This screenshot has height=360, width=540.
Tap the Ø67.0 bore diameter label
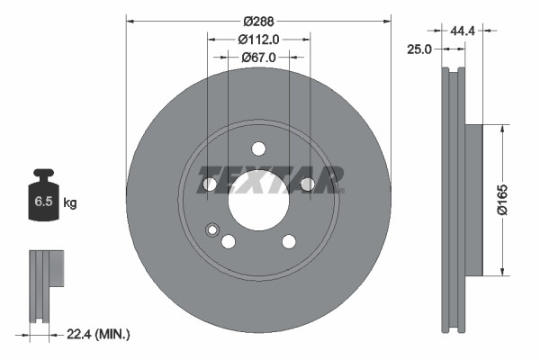tap(258, 57)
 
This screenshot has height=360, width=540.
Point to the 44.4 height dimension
tap(463, 30)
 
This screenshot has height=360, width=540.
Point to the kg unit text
tap(70, 203)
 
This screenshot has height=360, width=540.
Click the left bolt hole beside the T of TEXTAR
tap(210, 184)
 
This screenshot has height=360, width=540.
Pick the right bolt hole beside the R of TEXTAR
tap(307, 184)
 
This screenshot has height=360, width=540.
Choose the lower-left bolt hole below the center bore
tap(229, 241)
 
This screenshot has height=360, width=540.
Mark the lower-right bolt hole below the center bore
tap(289, 241)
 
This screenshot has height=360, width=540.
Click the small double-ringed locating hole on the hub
tap(212, 229)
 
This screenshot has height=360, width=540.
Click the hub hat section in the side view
tap(474, 200)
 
